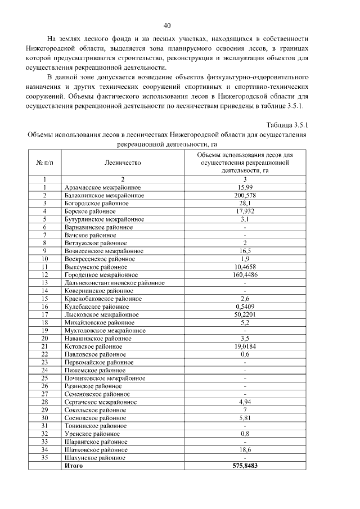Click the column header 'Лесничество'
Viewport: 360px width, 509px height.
pyautogui.click(x=123, y=163)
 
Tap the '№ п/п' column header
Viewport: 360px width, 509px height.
pyautogui.click(x=44, y=163)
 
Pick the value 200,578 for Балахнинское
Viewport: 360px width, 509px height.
pyautogui.click(x=245, y=195)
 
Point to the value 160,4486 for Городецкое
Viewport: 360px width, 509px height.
pyautogui.click(x=245, y=275)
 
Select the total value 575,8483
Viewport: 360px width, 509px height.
pyautogui.click(x=245, y=466)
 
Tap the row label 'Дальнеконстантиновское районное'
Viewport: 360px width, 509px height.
pyautogui.click(x=114, y=283)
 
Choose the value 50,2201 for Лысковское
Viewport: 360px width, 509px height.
pyautogui.click(x=245, y=315)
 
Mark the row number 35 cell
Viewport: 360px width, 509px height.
pyautogui.click(x=44, y=458)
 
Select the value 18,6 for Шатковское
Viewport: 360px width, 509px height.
pyautogui.click(x=245, y=450)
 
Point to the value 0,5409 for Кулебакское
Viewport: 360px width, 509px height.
pyautogui.click(x=245, y=307)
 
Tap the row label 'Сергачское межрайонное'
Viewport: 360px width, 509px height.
pyautogui.click(x=101, y=402)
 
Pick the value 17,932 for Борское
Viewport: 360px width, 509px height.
pyautogui.click(x=245, y=211)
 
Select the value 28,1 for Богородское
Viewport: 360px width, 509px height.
pyautogui.click(x=245, y=203)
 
